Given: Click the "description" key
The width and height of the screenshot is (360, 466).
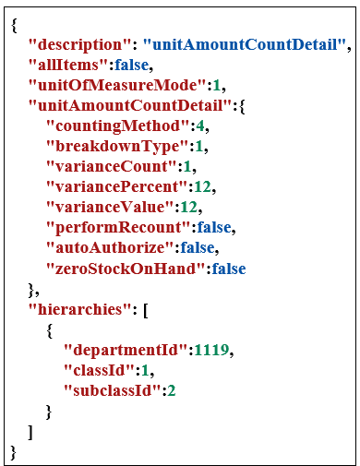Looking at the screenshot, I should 81,43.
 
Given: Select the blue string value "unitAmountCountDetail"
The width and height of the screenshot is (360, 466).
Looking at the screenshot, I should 247,43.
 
